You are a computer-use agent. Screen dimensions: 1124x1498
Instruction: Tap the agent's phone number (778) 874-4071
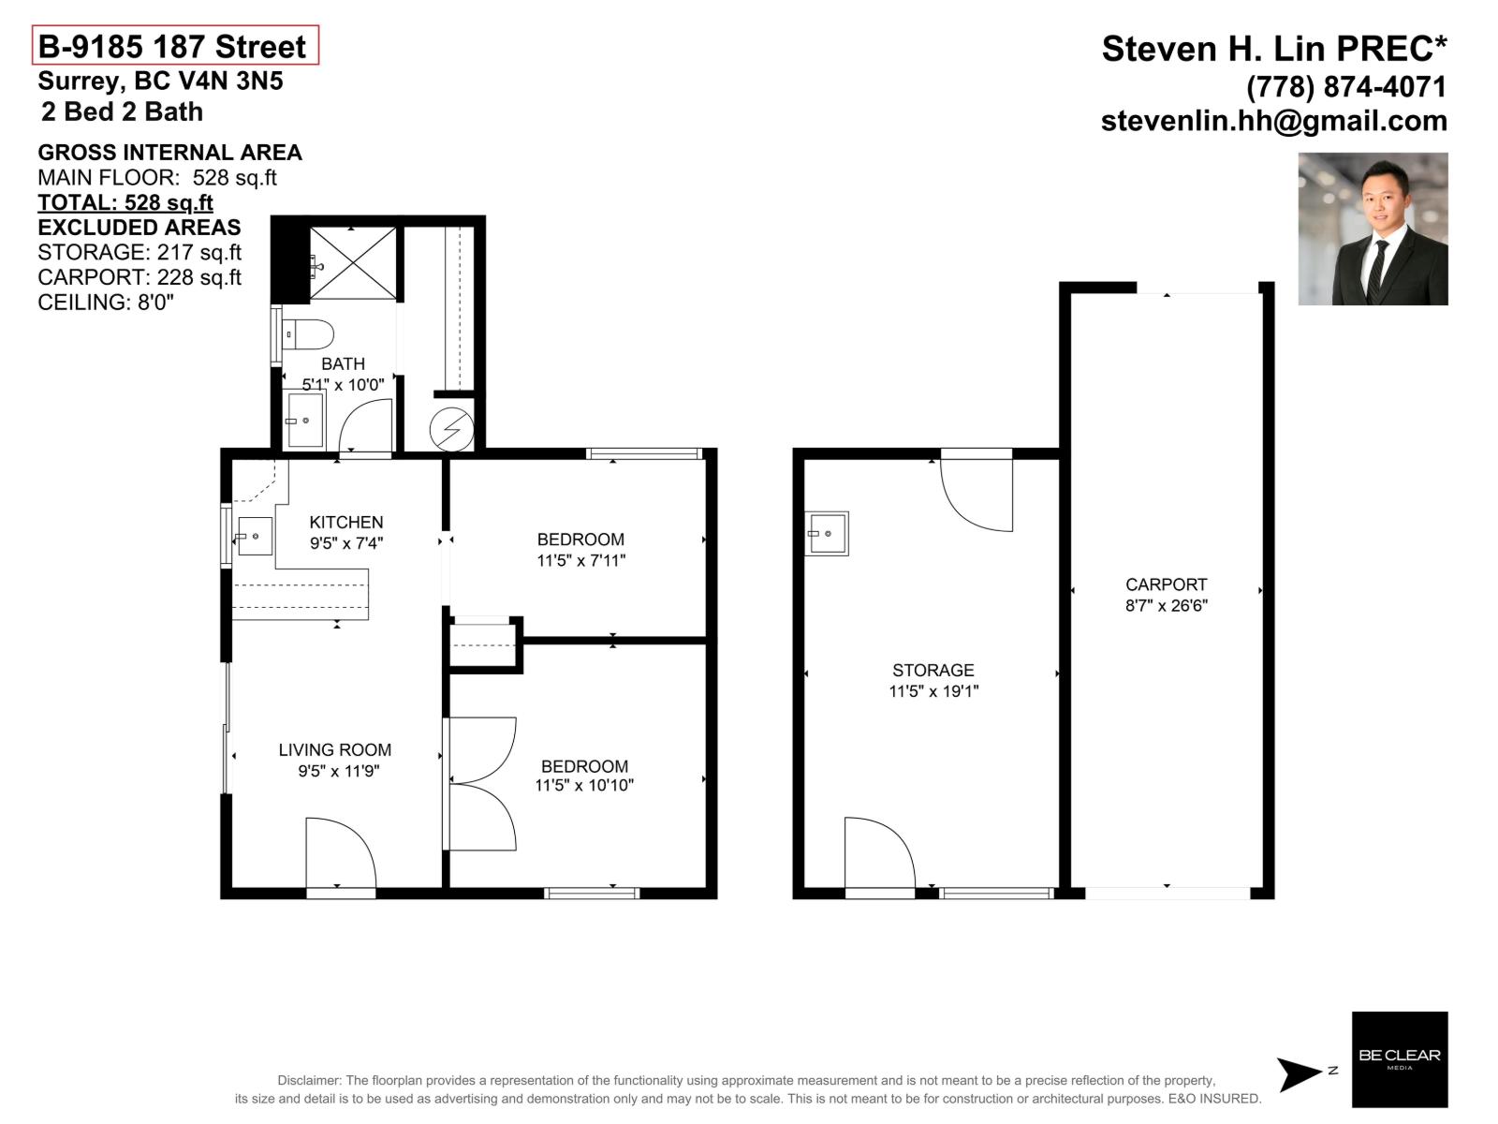1346,87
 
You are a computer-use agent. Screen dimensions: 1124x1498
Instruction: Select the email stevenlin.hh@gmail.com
1273,121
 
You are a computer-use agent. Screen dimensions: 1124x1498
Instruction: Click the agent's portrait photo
1373,229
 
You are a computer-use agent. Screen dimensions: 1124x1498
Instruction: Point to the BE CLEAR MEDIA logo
1400,1059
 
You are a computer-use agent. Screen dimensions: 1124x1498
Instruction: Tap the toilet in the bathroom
307,334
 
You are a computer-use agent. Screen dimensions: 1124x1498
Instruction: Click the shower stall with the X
353,263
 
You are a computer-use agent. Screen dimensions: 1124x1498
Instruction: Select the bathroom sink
305,421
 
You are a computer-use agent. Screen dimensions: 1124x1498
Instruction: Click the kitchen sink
254,537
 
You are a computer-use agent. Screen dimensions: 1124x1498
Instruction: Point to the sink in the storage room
828,533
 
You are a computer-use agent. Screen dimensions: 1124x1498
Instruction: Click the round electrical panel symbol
451,430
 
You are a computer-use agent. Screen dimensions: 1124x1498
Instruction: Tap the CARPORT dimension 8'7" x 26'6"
1166,605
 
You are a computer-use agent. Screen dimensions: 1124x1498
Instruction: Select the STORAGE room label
933,670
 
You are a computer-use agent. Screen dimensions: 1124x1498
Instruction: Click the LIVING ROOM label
334,749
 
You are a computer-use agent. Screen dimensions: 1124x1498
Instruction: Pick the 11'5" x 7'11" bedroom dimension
580,560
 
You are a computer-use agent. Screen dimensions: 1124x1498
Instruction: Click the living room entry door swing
340,852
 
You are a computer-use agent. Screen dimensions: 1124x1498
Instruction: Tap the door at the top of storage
977,492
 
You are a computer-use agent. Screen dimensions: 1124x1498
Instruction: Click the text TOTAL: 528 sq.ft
125,202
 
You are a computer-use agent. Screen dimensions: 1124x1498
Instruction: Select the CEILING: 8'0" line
106,303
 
